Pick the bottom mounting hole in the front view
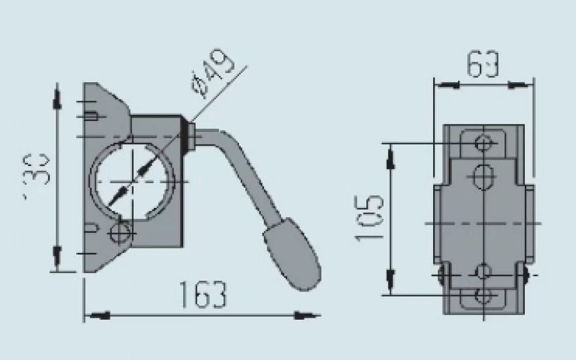pyautogui.click(x=483, y=295)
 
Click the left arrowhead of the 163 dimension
pyautogui.click(x=97, y=315)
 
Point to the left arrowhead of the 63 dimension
pyautogui.click(x=447, y=86)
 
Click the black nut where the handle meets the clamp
pyautogui.click(x=189, y=134)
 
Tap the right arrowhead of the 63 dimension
pyautogui.click(x=521, y=86)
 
